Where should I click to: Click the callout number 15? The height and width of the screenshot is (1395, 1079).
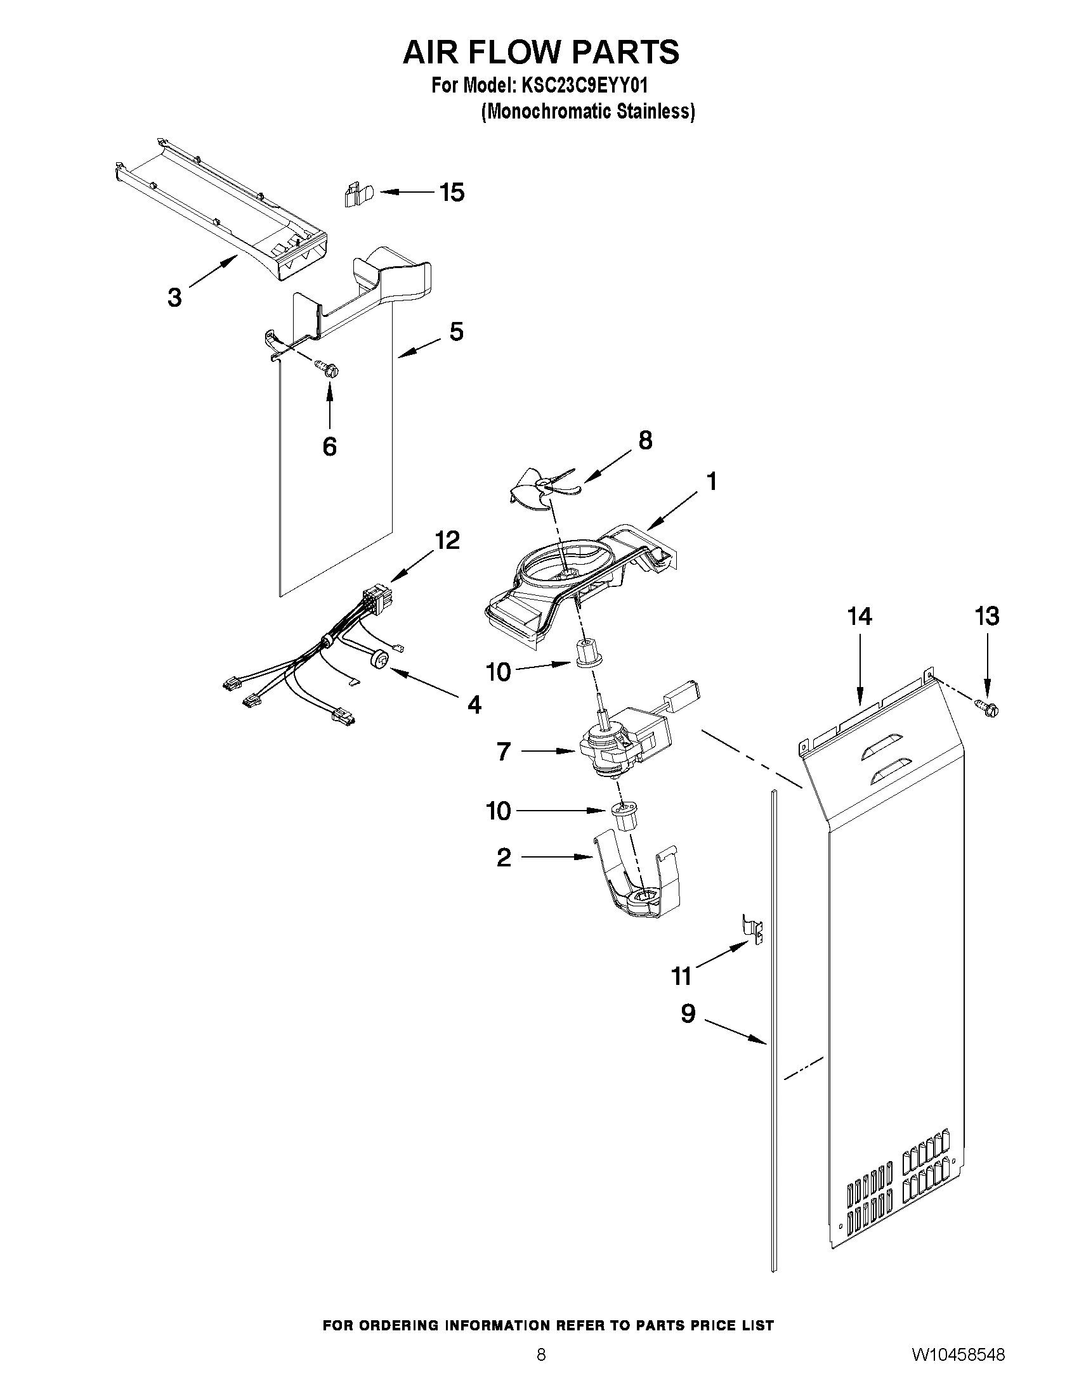point(452,192)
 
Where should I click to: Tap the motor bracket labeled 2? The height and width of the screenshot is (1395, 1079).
point(636,886)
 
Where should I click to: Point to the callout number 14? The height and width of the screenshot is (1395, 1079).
point(859,617)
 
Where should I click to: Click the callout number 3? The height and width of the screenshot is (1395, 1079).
point(174,298)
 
